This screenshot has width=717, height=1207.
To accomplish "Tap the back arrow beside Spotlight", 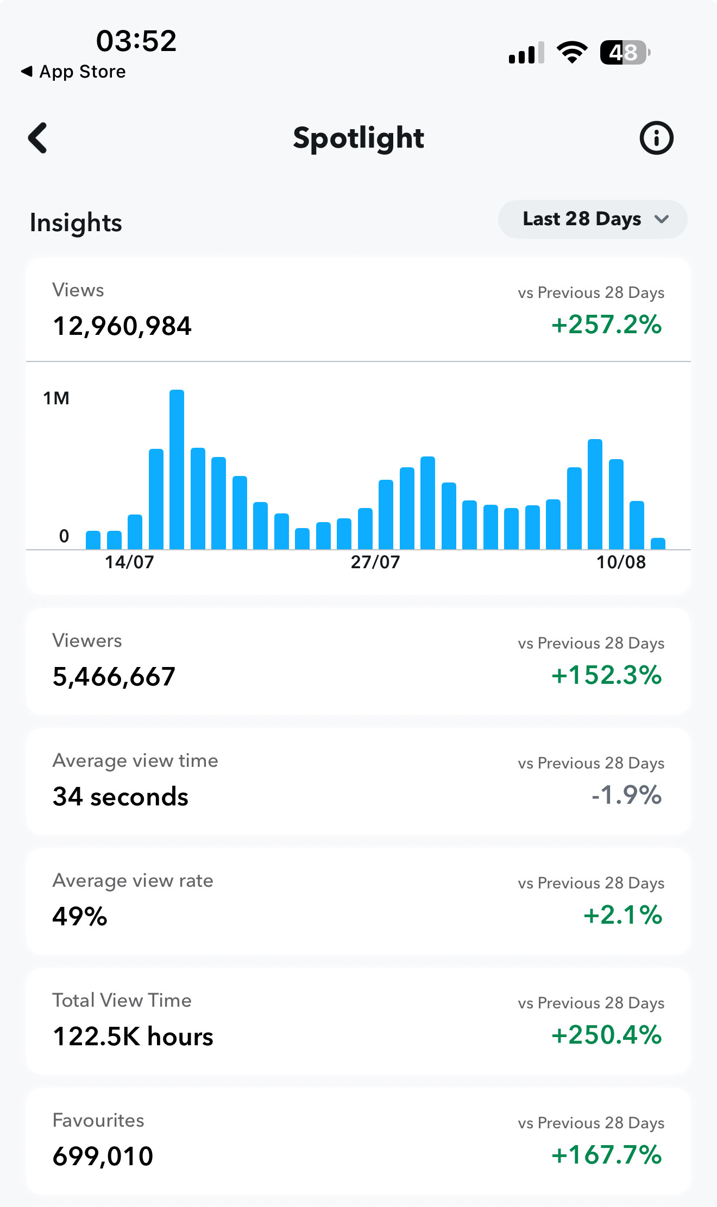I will (37, 138).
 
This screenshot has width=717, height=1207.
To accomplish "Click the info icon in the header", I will (656, 138).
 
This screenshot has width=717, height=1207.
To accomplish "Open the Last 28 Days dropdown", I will (593, 219).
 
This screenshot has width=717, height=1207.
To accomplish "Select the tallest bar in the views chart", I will (177, 469).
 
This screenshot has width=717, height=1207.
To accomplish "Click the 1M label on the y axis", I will (56, 398).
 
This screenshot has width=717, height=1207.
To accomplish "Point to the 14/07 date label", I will (129, 562).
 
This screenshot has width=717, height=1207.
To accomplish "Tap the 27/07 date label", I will (375, 562).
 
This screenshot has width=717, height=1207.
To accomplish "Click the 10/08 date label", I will (621, 562).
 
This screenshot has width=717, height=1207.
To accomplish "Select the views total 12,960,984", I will (122, 326).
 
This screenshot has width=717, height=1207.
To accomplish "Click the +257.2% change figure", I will (606, 325).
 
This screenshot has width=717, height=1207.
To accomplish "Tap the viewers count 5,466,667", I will (114, 677).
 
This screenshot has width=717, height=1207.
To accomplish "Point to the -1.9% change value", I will (626, 795).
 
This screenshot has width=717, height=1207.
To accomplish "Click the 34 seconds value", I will (121, 797).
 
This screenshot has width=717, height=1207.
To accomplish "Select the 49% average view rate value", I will (80, 917).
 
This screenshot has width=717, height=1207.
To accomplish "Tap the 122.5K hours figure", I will (133, 1037).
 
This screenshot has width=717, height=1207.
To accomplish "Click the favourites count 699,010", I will (103, 1157).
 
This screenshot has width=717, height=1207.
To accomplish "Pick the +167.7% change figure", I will (606, 1155).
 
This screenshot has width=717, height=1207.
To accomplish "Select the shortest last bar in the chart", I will (658, 543).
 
